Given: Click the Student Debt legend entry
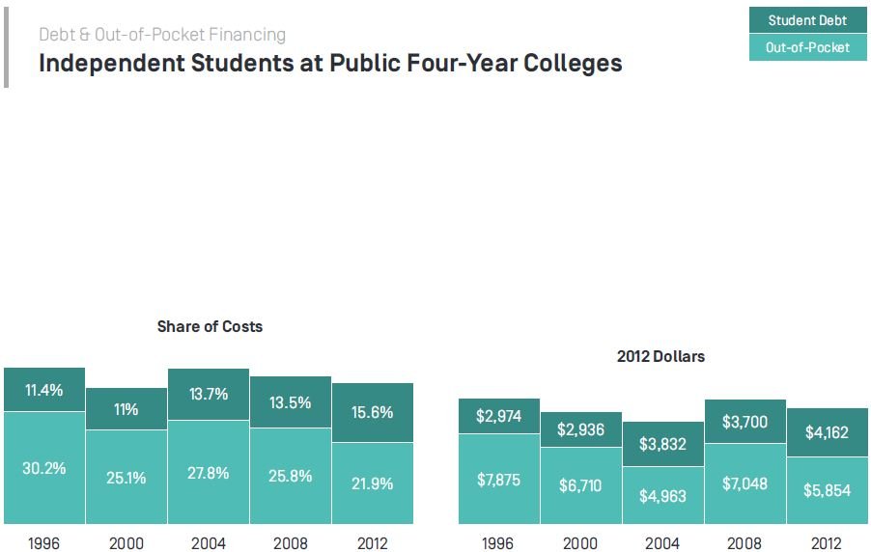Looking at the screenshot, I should [x=806, y=20].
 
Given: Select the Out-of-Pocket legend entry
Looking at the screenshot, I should [x=806, y=47].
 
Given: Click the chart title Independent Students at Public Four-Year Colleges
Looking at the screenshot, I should [x=330, y=64].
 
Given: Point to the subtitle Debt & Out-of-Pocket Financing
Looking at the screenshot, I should [x=162, y=35].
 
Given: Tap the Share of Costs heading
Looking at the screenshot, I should [x=210, y=326].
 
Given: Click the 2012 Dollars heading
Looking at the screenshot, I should [x=660, y=356].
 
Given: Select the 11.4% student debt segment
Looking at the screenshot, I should [x=44, y=390].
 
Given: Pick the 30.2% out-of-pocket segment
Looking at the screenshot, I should [x=44, y=468].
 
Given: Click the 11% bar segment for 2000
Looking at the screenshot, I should [x=126, y=409].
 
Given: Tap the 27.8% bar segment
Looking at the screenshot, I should [x=209, y=473].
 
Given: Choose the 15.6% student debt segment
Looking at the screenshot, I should [x=373, y=412].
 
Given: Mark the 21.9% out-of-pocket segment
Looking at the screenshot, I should [x=373, y=483].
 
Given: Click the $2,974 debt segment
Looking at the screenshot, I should [x=498, y=416].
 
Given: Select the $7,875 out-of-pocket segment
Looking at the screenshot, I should [x=498, y=480].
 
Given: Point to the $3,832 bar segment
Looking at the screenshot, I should [x=662, y=444].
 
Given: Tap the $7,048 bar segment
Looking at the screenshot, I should [x=745, y=483].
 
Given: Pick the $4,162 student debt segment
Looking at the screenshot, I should [x=827, y=432].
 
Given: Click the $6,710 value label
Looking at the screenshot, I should [x=580, y=485].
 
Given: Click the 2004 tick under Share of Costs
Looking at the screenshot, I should [x=209, y=543].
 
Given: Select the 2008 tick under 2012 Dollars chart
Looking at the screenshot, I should [x=745, y=543].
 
